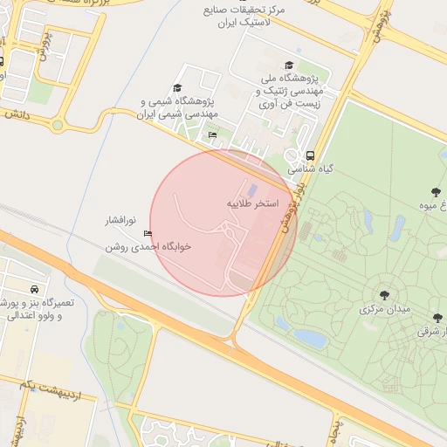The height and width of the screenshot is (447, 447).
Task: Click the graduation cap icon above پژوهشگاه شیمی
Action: pyautogui.click(x=178, y=88)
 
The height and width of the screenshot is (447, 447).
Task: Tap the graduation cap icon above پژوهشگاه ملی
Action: pyautogui.click(x=289, y=65)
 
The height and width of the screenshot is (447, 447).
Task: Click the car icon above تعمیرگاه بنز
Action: pyautogui.click(x=33, y=289)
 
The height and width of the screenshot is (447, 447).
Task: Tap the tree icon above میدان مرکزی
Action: pyautogui.click(x=384, y=295)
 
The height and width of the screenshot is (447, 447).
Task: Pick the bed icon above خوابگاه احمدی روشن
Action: pyautogui.click(x=147, y=234)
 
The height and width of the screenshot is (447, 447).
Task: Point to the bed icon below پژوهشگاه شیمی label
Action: pyautogui.click(x=212, y=135)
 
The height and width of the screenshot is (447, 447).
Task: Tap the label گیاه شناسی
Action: pyautogui.click(x=315, y=168)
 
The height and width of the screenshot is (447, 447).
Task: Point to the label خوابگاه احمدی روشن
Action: pyautogui.click(x=148, y=247)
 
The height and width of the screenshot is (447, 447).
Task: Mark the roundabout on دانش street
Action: pyautogui.click(x=58, y=125)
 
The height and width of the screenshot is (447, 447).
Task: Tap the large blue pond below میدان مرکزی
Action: pyautogui.click(x=309, y=338)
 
